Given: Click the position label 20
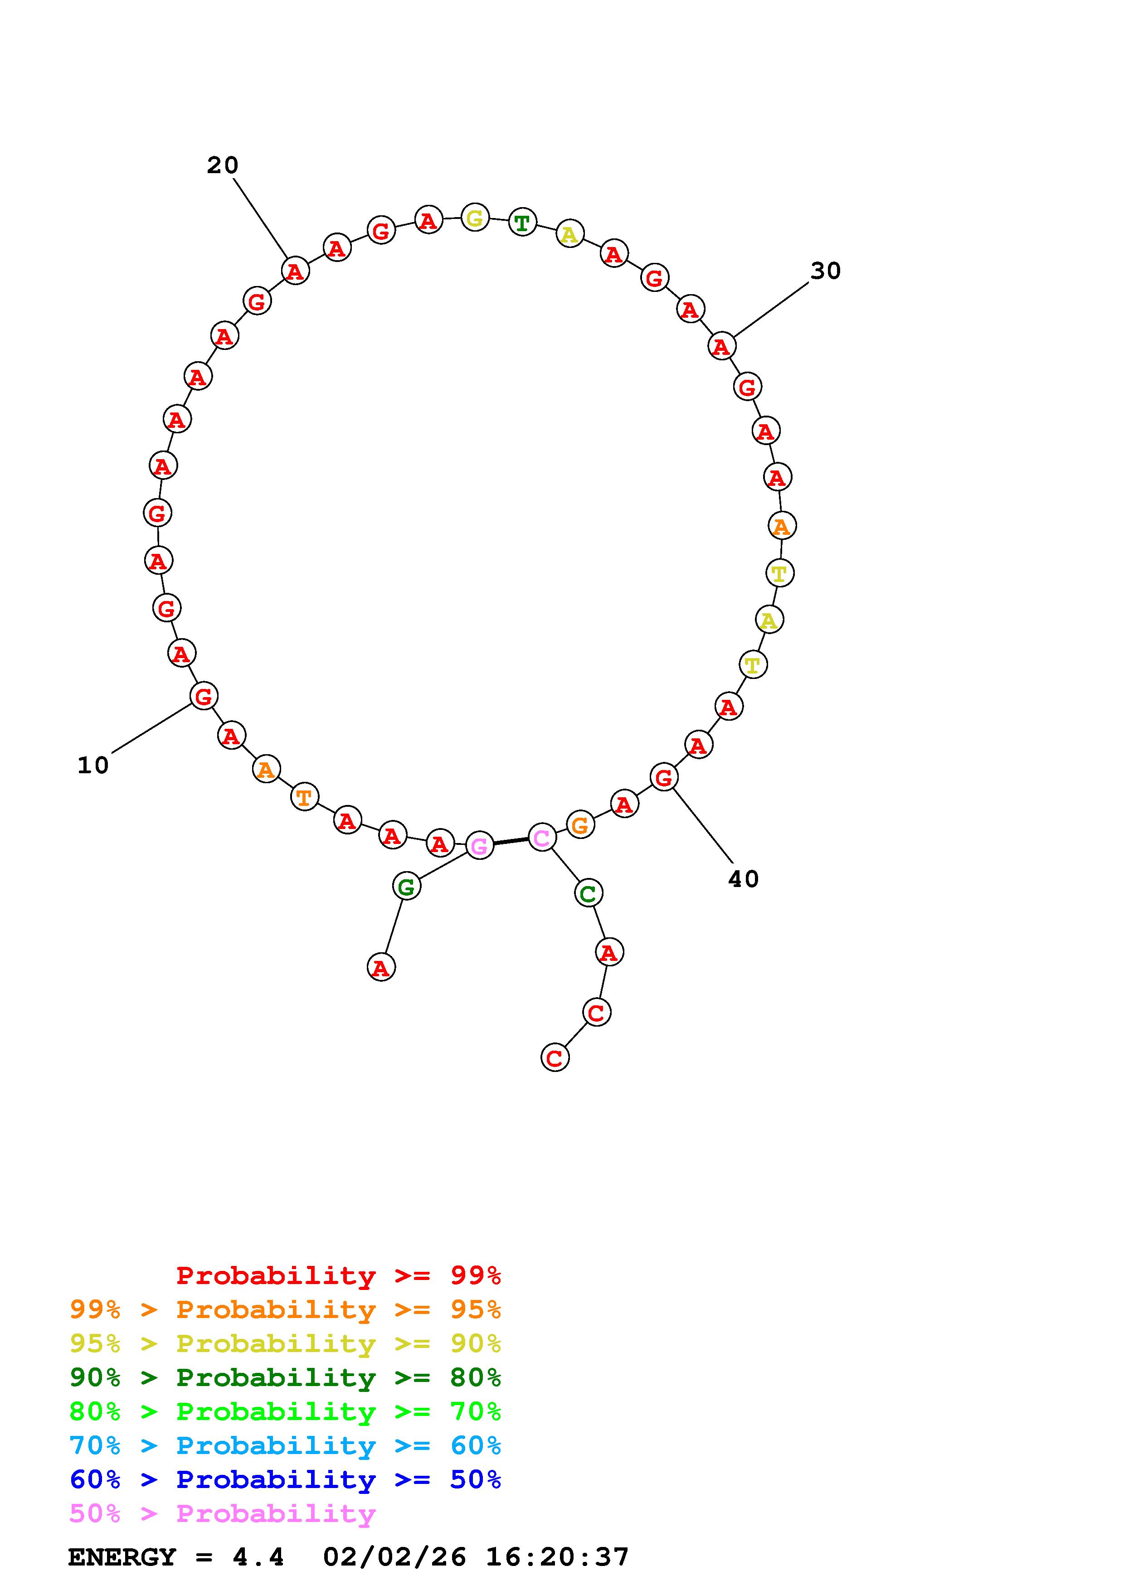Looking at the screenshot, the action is [222, 165].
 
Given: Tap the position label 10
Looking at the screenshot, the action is [93, 765].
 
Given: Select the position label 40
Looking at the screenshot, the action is [743, 879].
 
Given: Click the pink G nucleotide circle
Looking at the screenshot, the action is [479, 845].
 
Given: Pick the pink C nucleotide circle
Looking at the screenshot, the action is [541, 837].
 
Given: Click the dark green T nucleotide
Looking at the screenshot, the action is [522, 222].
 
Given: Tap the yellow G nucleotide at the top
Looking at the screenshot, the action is [474, 218].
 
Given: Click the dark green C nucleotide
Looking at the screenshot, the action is [588, 893].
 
